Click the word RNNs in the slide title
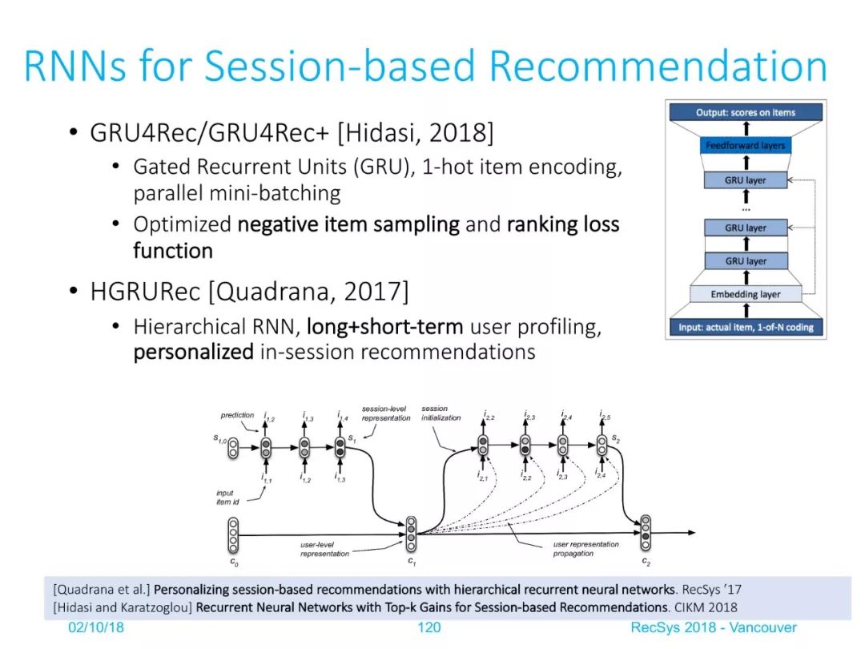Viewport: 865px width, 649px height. coord(77,67)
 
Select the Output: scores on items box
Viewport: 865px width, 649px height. coord(746,113)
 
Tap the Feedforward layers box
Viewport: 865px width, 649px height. coord(746,146)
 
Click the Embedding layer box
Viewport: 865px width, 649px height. coord(746,294)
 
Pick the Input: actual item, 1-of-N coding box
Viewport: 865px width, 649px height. coord(746,327)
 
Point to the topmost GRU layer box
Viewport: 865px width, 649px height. coord(746,180)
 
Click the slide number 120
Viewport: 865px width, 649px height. coord(429,627)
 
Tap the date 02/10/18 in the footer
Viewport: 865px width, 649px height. coord(96,627)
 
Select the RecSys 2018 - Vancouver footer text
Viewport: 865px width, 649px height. coord(714,627)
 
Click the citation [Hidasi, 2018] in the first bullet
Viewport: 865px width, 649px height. coord(416,132)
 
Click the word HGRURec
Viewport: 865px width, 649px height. coord(145,292)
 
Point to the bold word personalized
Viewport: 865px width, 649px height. coord(194,352)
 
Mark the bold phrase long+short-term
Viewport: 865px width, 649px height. coord(385,327)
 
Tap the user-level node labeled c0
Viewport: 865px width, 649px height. coord(233,534)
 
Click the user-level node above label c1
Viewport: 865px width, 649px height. coord(411,534)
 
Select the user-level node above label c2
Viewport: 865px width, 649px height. coord(646,533)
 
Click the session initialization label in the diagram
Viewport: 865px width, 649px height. coord(441,413)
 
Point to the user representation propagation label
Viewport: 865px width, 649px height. coord(585,549)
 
